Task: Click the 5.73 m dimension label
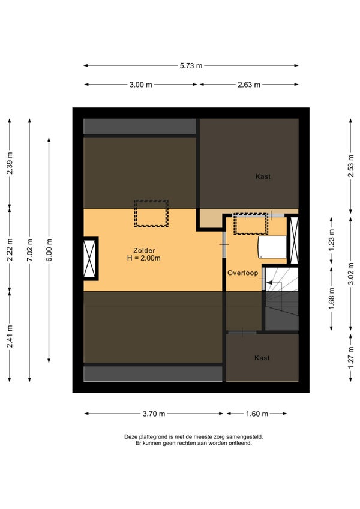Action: [191, 65]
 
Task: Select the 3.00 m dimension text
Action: [140, 85]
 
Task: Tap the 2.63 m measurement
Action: [249, 85]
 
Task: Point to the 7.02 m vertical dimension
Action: [29, 250]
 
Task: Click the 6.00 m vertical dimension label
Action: [49, 250]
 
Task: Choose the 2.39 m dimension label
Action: [10, 163]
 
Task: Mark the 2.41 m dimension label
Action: [10, 336]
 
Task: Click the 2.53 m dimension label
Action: [351, 166]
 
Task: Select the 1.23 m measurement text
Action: [331, 240]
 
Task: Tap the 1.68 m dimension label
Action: [331, 298]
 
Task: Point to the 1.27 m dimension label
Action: [351, 357]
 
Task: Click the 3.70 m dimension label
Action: [154, 414]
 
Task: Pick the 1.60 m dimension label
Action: [257, 414]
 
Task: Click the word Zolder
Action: [144, 251]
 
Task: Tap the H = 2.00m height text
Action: [144, 258]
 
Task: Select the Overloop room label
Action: [243, 273]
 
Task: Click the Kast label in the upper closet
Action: [263, 176]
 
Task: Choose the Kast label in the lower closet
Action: [262, 358]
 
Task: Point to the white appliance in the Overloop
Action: [272, 247]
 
